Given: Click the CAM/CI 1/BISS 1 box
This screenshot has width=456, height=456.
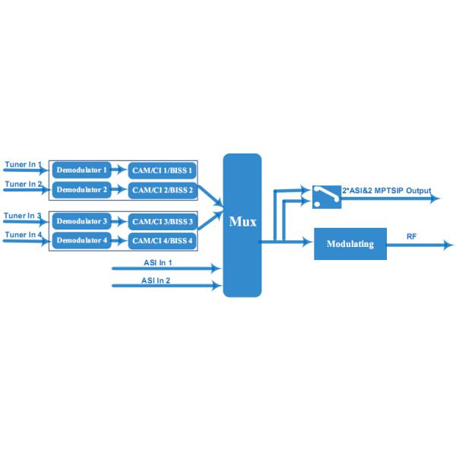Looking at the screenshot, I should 163,169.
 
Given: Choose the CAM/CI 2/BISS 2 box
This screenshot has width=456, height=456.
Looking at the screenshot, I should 163,188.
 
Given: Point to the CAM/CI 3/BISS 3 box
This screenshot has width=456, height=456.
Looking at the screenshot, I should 163,221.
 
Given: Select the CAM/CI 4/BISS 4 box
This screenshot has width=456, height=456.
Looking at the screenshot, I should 163,240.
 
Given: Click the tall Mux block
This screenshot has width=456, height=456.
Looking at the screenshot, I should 242,224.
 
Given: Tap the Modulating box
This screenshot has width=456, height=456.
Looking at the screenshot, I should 350,244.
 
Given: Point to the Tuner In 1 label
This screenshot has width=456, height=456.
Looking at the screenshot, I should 23,165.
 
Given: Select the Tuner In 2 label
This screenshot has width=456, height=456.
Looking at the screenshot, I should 23,184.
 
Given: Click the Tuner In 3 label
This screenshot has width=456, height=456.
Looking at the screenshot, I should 23,216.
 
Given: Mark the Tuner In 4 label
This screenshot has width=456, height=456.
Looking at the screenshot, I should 23,235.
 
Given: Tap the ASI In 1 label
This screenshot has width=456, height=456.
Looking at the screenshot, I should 157,262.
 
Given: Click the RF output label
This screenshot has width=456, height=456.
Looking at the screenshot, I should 411,237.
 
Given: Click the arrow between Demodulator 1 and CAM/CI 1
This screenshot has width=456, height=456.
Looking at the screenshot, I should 119,169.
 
